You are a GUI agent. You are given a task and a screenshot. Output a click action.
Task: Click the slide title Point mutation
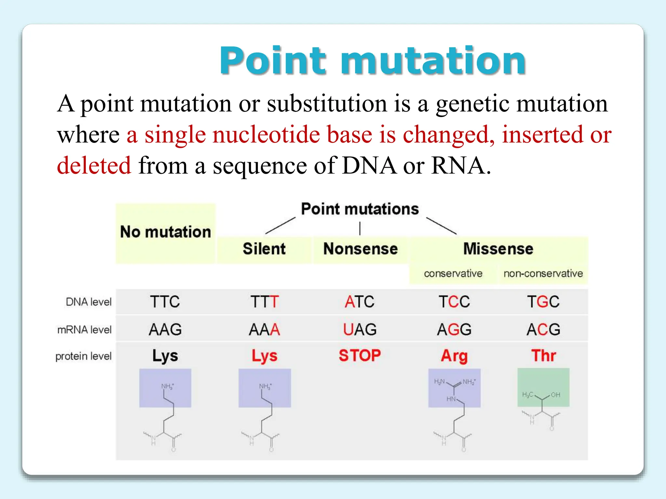[x=372, y=61]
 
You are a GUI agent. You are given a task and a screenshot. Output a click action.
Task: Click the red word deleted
[x=94, y=165]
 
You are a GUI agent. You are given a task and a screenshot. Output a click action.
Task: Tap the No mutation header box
[x=166, y=232]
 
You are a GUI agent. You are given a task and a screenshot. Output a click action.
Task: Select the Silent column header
[x=264, y=249]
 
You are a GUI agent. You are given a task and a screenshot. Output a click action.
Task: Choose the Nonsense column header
[x=360, y=249]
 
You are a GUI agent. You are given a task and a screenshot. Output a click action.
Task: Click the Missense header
[x=498, y=249]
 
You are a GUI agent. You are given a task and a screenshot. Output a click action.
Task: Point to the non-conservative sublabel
[x=543, y=274]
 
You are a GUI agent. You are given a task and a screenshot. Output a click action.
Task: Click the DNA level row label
[x=88, y=302]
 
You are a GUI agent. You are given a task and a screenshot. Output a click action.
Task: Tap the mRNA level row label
[x=84, y=330]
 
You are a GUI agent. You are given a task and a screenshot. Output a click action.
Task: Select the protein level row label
[x=83, y=356]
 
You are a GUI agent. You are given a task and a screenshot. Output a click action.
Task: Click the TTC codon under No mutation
[x=165, y=302]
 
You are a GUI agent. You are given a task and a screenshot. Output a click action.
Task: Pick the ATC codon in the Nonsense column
[x=359, y=302]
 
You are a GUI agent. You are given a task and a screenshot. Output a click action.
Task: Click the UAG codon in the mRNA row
[x=360, y=330]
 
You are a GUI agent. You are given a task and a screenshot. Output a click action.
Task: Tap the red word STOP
[x=360, y=355]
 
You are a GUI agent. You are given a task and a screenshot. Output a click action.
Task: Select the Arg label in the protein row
[x=454, y=356]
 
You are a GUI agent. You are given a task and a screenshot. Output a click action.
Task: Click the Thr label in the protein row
[x=543, y=356]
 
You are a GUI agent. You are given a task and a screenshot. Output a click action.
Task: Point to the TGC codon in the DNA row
[x=543, y=302]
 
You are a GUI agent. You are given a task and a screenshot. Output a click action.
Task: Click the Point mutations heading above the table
[x=360, y=209]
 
